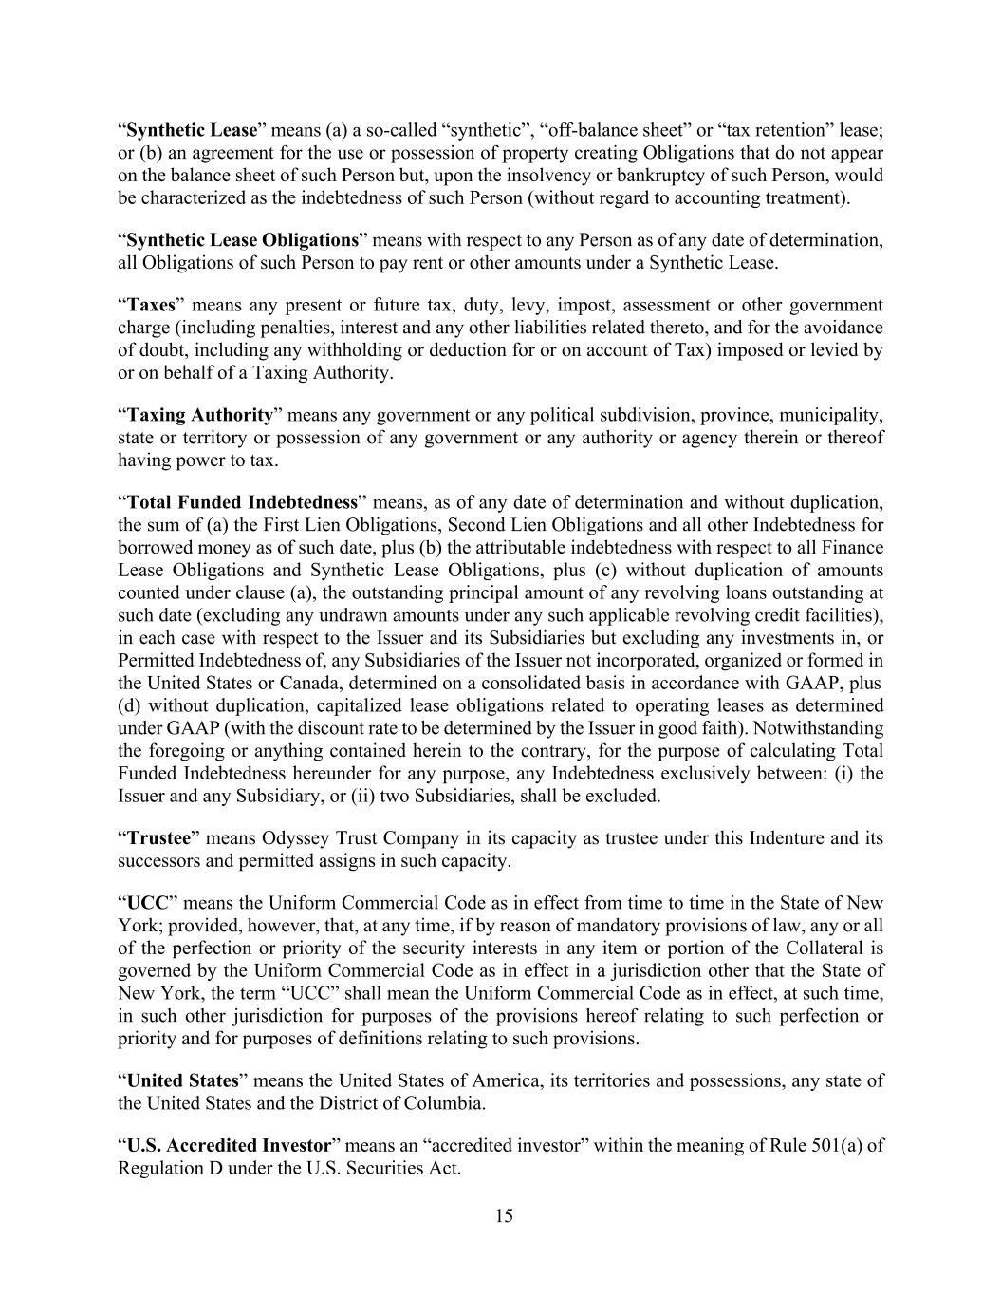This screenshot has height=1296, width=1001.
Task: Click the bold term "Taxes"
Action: click(152, 305)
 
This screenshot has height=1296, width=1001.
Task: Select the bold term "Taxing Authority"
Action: click(199, 415)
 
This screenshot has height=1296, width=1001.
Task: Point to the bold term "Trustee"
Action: click(158, 838)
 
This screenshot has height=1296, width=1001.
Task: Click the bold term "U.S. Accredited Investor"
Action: click(229, 1145)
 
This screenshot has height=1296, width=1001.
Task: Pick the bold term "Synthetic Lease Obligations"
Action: click(242, 240)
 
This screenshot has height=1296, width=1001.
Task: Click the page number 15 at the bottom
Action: click(504, 1216)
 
